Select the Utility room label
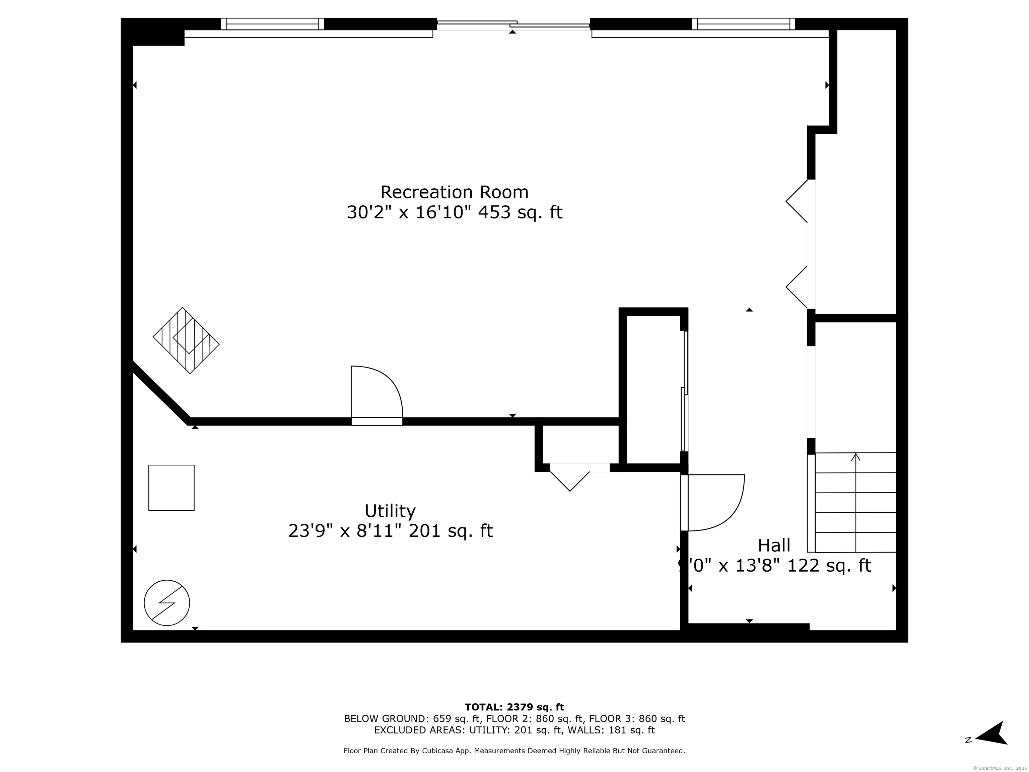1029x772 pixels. click(390, 511)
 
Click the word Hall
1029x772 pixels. click(774, 545)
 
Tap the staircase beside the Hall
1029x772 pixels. click(855, 503)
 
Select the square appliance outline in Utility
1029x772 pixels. click(171, 488)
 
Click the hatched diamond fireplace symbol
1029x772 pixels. click(186, 340)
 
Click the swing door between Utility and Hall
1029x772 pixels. click(712, 502)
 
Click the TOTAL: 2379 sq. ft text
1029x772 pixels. click(514, 707)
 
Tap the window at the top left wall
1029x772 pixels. click(272, 24)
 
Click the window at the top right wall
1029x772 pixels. click(743, 24)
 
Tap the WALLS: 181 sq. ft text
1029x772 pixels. click(609, 730)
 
